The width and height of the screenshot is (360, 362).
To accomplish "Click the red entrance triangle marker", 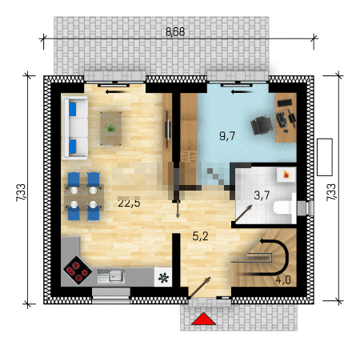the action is tap(203, 319).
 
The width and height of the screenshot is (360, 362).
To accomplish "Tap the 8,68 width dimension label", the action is tap(175, 32).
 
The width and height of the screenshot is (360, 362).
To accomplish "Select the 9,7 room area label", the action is tap(227, 136).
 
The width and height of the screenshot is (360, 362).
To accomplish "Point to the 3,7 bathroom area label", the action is tap(262, 195).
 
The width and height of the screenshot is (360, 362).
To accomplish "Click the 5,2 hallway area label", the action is tap(200, 236).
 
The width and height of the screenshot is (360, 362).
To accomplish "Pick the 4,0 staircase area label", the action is tap(283, 280).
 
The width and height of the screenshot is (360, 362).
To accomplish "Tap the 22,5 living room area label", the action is tap(129, 203).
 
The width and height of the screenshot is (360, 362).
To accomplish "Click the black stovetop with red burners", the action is tap(78, 270).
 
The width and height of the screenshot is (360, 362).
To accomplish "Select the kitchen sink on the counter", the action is tap(111, 276).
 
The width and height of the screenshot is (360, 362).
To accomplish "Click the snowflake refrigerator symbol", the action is tap(163, 278).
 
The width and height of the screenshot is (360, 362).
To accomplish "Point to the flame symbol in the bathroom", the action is tap(286, 175).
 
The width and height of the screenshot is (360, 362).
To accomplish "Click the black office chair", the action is tap(262, 125).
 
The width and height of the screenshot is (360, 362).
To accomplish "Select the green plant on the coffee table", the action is tap(110, 128).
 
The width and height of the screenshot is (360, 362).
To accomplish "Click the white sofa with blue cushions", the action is tap(75, 128).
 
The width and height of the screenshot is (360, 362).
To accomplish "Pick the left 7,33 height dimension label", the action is tap(21, 192).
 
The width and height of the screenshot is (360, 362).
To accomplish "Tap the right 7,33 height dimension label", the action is tap(331, 192).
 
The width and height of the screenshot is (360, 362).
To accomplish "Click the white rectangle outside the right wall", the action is tap(325, 157).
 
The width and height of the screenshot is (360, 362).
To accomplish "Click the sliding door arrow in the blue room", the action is tap(241, 92).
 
